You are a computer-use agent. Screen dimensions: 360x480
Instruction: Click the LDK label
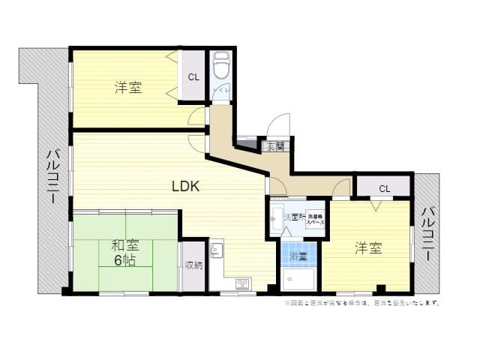(184, 187)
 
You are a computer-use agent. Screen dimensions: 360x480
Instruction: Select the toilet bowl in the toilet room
(221, 68)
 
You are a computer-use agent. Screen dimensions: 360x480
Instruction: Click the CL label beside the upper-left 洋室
(193, 76)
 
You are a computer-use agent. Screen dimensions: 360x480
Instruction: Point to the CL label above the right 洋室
(383, 187)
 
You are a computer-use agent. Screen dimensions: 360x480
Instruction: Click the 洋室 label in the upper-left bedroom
(128, 88)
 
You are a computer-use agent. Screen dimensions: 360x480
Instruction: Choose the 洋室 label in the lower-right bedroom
(368, 247)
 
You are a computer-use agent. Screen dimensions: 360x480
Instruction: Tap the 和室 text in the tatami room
(125, 245)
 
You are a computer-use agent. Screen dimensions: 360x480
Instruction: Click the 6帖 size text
(125, 260)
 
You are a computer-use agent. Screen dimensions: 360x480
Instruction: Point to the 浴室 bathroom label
(298, 256)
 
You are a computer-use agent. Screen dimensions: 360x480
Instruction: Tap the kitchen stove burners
(242, 283)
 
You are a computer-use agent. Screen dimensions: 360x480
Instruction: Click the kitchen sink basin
(216, 250)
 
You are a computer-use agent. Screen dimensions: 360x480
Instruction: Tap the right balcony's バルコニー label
(426, 233)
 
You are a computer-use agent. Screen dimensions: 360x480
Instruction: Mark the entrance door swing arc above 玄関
(278, 124)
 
